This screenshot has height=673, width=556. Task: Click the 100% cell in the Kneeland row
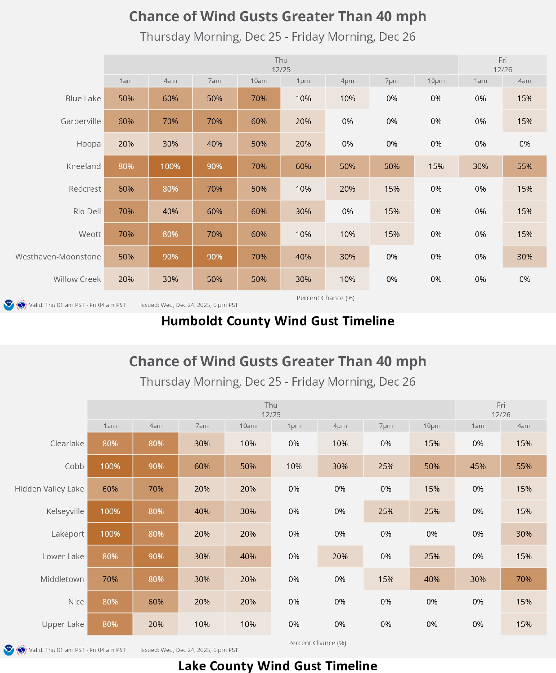click(170, 166)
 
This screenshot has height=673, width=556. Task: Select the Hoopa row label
click(88, 144)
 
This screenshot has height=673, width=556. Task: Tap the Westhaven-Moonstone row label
click(58, 257)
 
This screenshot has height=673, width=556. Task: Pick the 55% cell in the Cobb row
click(524, 466)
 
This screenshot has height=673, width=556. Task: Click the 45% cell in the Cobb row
click(478, 466)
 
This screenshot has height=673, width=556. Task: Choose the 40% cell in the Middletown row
click(432, 579)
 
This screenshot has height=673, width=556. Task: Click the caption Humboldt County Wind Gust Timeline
click(278, 321)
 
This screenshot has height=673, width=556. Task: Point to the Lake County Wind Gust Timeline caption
click(278, 666)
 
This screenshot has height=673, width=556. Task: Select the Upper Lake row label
click(63, 624)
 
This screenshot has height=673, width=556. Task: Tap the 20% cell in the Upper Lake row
click(156, 624)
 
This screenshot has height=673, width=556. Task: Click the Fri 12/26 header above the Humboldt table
click(502, 65)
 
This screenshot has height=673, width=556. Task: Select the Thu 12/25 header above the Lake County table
click(271, 410)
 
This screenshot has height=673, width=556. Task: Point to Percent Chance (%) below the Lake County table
click(317, 643)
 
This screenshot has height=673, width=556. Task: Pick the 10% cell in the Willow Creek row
click(347, 279)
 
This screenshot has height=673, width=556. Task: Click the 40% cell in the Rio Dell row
click(170, 211)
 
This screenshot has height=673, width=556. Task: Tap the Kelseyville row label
click(65, 511)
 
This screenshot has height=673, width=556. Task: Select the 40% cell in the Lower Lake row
click(248, 557)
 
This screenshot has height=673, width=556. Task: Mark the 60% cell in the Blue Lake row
click(170, 99)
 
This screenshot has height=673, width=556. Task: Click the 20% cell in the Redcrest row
click(347, 189)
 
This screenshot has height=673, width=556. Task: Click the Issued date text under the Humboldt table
click(189, 305)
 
